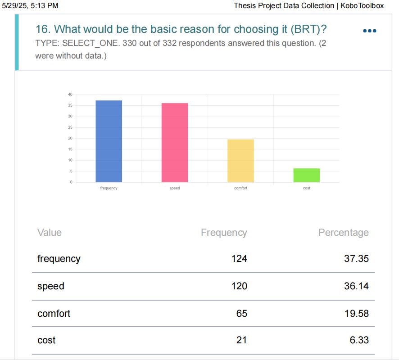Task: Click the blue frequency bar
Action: coord(109,141)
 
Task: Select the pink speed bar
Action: coord(175,143)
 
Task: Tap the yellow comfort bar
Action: coord(240,161)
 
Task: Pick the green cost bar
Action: coord(307,175)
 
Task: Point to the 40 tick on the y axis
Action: coord(70,94)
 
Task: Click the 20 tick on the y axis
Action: coord(70,138)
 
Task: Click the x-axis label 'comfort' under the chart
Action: coord(240,188)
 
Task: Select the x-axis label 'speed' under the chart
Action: coord(175,188)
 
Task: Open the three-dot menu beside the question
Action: coord(369,31)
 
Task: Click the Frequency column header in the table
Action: coord(224,233)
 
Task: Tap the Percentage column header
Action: coord(343,233)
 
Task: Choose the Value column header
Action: coord(50,233)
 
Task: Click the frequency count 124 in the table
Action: coord(239,259)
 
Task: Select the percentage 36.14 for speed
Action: coord(356,286)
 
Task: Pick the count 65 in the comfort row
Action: coord(241,313)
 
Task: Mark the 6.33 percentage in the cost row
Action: coord(359,340)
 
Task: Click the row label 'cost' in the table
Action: coord(46,340)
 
